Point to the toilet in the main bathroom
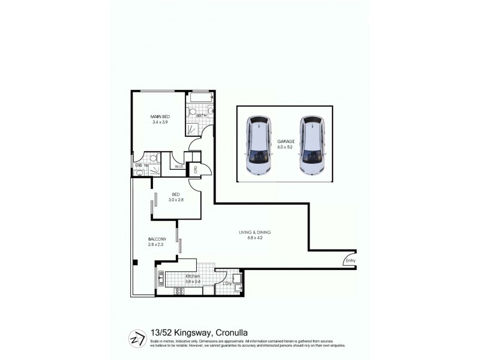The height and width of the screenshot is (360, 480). coord(193,112)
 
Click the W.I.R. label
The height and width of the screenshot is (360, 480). coord(178,166)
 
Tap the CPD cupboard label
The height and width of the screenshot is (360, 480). coord(196,170)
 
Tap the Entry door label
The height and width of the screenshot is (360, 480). coord(350,260)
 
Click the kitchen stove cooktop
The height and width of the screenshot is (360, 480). coord(178,291)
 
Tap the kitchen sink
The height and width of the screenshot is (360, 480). coord(160,278)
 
